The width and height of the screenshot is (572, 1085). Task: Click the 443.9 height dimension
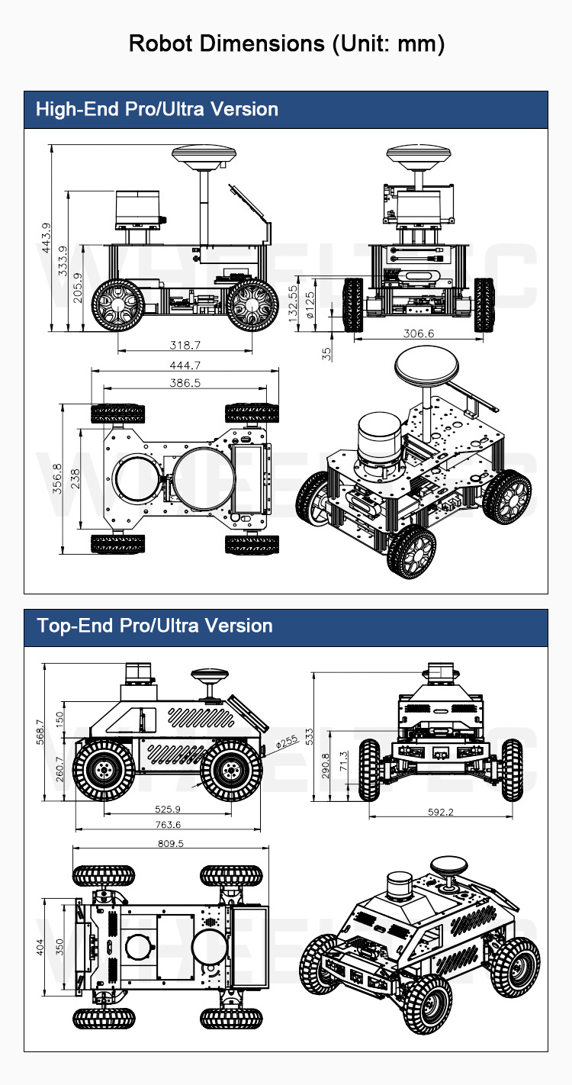tap(46, 237)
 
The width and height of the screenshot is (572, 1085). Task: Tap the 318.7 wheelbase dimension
tap(185, 345)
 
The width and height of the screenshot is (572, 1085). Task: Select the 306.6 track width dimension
tap(419, 333)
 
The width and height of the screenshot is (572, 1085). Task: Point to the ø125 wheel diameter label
tap(310, 304)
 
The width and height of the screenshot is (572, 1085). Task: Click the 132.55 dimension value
tap(293, 304)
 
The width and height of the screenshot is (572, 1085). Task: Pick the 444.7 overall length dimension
tap(185, 365)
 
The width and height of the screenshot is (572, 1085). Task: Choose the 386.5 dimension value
tap(185, 383)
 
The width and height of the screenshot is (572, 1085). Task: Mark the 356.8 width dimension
tap(57, 478)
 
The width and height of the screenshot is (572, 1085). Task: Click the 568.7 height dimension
tap(40, 732)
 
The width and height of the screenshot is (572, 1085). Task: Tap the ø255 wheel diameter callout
tap(287, 742)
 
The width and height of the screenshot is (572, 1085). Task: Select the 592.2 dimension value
tap(441, 812)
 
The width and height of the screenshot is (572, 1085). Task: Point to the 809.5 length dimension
tap(171, 843)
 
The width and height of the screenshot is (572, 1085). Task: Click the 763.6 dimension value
tap(168, 824)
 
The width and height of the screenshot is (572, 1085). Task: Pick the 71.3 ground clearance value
tap(343, 761)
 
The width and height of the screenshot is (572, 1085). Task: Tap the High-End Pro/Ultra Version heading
tap(157, 109)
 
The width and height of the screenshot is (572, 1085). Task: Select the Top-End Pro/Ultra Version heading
tap(155, 626)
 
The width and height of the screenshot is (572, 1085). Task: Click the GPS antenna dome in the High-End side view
tap(204, 155)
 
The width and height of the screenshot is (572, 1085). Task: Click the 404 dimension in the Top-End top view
tap(40, 947)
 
